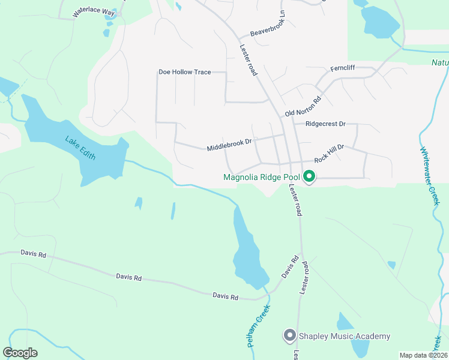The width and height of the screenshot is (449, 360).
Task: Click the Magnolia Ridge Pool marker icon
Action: pos(309,176)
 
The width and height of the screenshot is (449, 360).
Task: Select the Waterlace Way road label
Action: pos(92,12)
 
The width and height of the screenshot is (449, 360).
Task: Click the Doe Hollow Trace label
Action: pos(184,72)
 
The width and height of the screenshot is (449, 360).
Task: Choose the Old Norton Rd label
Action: pos(303,106)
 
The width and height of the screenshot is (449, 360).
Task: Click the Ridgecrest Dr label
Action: pos(325,124)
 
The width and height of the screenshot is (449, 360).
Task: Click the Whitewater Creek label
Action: pos(427,176)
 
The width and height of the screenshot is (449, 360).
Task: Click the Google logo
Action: pos(20,353)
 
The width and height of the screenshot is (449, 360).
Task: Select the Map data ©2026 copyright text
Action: pos(423,355)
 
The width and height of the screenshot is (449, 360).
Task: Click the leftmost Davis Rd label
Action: pos(33,254)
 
